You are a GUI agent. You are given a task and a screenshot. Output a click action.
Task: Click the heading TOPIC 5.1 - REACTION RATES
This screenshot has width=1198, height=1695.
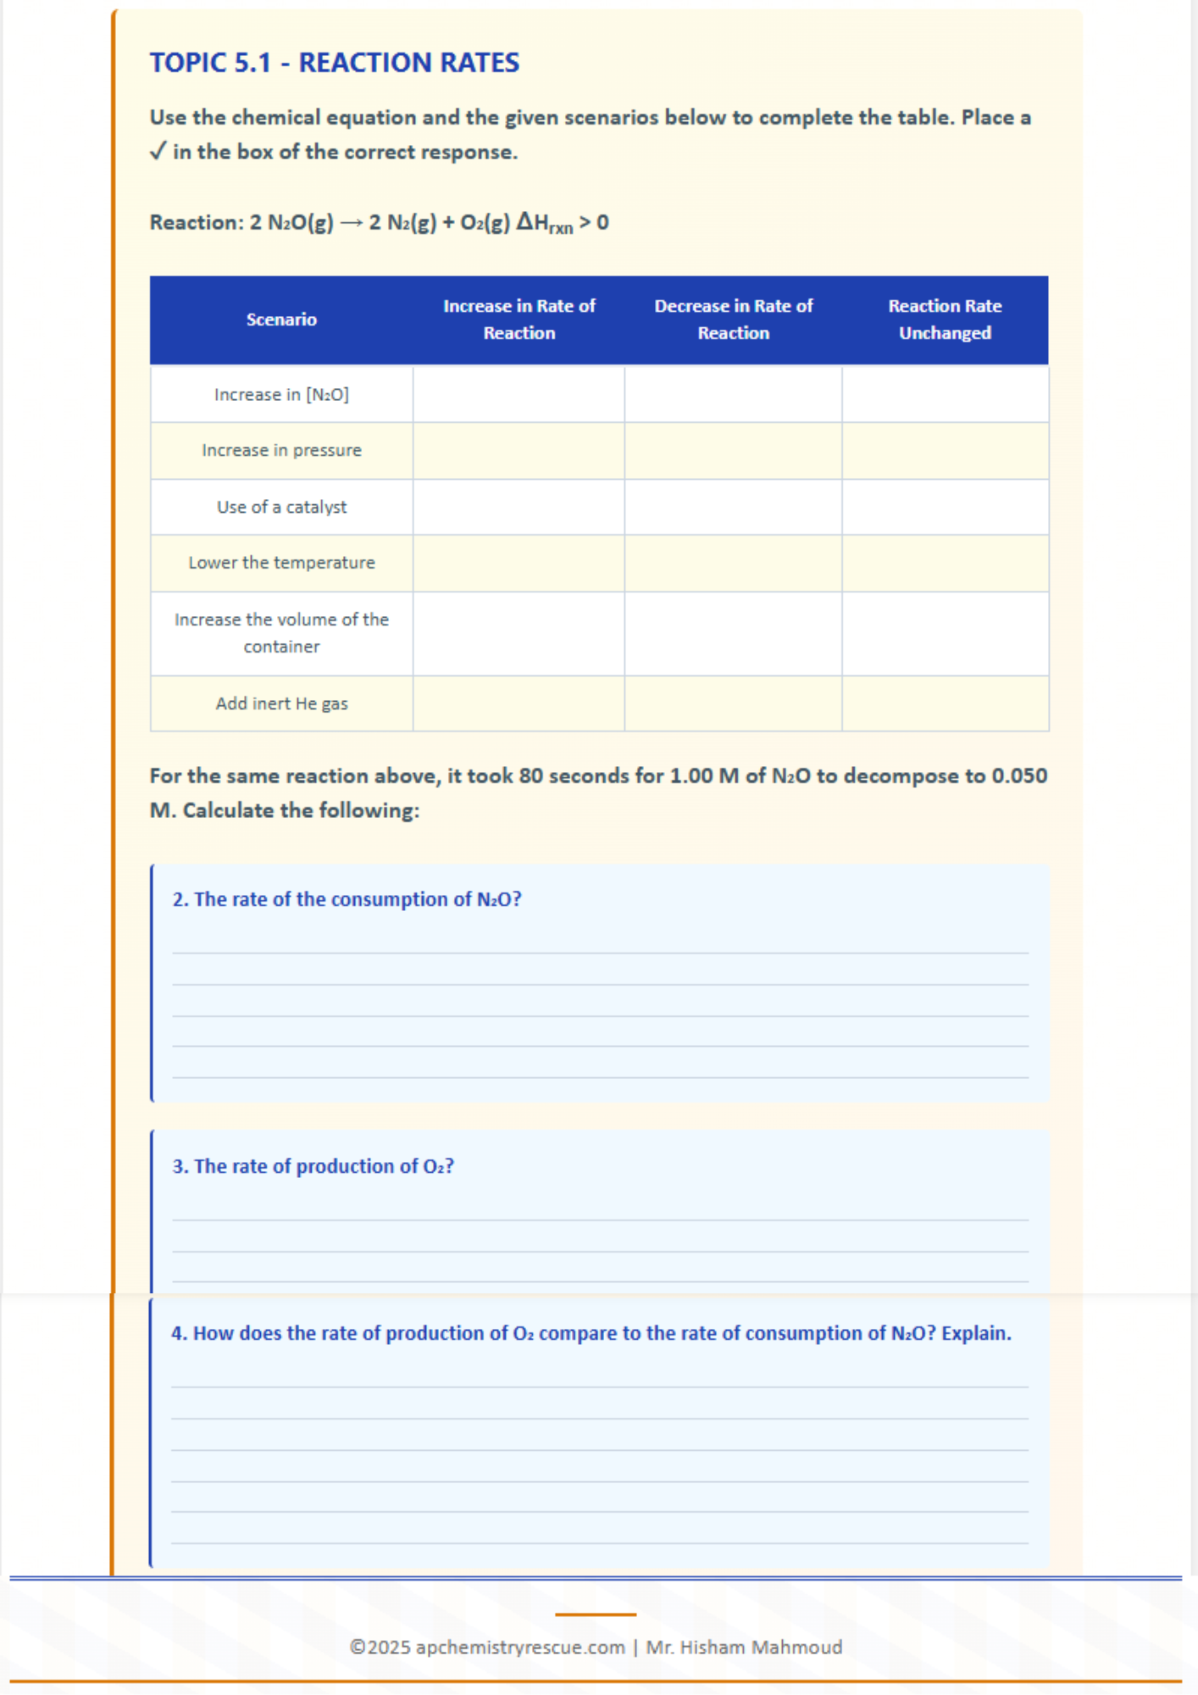pyautogui.click(x=335, y=63)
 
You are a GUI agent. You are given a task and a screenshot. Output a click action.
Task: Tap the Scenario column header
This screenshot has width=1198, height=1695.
pyautogui.click(x=281, y=320)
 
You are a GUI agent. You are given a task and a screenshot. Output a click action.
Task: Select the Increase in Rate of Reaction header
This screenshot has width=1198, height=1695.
pyautogui.click(x=519, y=320)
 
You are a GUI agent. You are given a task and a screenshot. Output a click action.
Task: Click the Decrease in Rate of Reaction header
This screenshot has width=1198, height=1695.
pyautogui.click(x=733, y=320)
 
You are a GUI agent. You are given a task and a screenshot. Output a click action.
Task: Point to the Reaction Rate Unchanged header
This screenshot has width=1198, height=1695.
pyautogui.click(x=945, y=320)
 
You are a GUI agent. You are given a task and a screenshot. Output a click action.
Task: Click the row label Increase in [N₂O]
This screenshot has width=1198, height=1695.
pyautogui.click(x=281, y=394)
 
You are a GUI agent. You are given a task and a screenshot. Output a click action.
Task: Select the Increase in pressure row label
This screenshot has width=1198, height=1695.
pyautogui.click(x=281, y=450)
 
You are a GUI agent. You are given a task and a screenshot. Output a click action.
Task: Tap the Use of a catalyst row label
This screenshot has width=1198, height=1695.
pyautogui.click(x=281, y=507)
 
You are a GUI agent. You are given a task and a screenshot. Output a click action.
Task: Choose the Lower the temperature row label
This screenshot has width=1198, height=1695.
pyautogui.click(x=281, y=563)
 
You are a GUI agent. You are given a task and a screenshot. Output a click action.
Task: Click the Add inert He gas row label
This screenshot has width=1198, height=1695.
pyautogui.click(x=281, y=703)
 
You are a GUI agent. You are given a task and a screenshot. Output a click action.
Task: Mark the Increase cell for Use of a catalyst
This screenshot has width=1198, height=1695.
pyautogui.click(x=519, y=507)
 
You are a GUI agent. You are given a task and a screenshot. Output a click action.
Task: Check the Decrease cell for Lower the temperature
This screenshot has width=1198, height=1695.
pyautogui.click(x=733, y=563)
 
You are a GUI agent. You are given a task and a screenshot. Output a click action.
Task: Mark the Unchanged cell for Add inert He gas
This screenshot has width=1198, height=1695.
pyautogui.click(x=945, y=703)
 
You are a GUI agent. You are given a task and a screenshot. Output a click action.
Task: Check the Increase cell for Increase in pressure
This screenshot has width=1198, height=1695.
pyautogui.click(x=519, y=450)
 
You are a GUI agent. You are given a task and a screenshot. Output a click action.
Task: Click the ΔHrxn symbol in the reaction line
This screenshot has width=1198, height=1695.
pyautogui.click(x=545, y=223)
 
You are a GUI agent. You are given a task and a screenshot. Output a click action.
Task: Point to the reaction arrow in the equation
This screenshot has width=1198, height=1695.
pyautogui.click(x=351, y=223)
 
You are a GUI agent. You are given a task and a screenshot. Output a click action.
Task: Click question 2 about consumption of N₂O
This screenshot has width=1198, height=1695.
pyautogui.click(x=347, y=899)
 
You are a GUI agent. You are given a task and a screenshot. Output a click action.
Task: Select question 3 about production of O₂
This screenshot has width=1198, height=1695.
pyautogui.click(x=313, y=1166)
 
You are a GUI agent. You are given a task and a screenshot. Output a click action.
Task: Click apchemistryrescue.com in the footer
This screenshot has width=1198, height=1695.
pyautogui.click(x=520, y=1647)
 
